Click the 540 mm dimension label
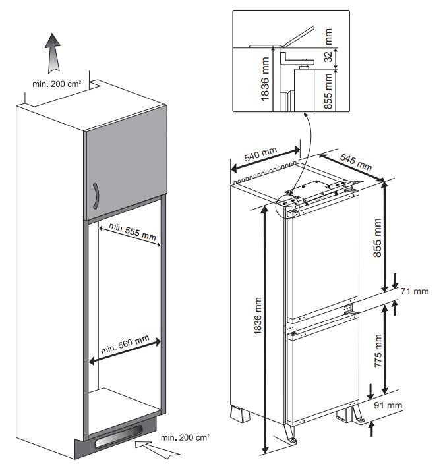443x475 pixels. pyautogui.click(x=260, y=154)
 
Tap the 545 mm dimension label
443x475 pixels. pyautogui.click(x=356, y=162)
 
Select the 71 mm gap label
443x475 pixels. pyautogui.click(x=415, y=291)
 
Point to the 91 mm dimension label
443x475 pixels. pyautogui.click(x=388, y=405)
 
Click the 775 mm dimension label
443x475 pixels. pyautogui.click(x=378, y=350)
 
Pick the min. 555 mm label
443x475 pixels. pyautogui.click(x=133, y=231)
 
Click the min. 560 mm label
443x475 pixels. pyautogui.click(x=125, y=345)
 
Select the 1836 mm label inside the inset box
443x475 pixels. pyautogui.click(x=265, y=79)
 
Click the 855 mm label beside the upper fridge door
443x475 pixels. pyautogui.click(x=377, y=238)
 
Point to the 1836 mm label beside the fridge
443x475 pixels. pyautogui.click(x=258, y=316)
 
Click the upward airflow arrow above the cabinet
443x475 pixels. pyautogui.click(x=53, y=53)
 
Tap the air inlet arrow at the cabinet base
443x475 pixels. pyautogui.click(x=157, y=449)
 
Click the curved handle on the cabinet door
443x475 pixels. pyautogui.click(x=96, y=196)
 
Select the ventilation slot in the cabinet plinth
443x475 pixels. pyautogui.click(x=119, y=437)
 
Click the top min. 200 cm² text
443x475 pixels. pyautogui.click(x=57, y=84)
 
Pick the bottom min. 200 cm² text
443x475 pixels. pyautogui.click(x=185, y=437)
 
